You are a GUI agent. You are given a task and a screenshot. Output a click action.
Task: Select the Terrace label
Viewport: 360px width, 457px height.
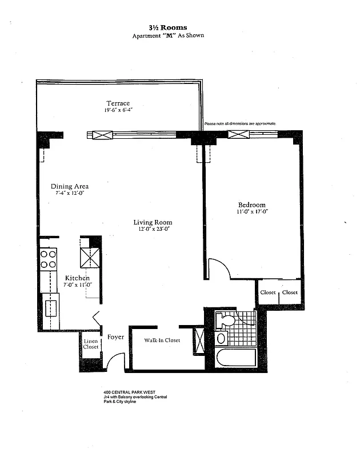[118, 103]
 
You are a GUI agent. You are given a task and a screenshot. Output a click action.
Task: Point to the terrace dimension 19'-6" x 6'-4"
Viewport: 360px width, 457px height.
[118, 110]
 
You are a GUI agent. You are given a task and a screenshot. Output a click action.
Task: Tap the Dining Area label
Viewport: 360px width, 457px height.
[70, 186]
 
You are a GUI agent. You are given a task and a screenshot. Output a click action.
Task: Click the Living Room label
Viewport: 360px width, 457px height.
[153, 222]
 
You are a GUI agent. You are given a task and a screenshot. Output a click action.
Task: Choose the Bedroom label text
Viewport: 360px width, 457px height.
[251, 205]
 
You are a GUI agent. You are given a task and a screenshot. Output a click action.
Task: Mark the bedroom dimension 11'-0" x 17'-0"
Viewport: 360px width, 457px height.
[251, 212]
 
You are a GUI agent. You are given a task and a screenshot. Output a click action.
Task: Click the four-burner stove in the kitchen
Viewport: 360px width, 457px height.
[49, 259]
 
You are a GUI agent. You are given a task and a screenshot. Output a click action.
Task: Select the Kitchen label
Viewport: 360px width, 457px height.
[78, 277]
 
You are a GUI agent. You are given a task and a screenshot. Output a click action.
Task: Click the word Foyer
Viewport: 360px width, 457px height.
[116, 338]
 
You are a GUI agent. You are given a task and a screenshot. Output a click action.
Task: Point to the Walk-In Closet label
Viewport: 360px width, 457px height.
[162, 340]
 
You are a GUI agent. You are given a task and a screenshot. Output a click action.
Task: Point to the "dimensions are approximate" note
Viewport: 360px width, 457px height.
[240, 123]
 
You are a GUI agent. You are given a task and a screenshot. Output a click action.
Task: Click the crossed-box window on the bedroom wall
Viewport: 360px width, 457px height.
[238, 135]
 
